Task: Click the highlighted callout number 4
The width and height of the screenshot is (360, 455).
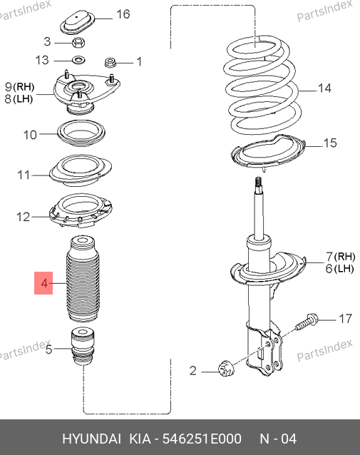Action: coord(43,283)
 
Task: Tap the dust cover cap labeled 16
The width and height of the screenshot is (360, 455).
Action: coord(78,22)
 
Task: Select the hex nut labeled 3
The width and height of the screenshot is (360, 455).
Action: coord(78,43)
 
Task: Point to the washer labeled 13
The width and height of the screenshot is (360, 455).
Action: coord(78,61)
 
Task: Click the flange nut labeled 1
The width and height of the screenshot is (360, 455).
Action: coord(110,62)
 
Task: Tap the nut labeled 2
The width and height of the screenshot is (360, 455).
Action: coord(226,368)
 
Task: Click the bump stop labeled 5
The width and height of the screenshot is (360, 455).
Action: coord(83,347)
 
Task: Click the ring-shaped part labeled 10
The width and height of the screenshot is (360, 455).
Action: coord(81,134)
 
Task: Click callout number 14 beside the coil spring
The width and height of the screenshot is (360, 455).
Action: coord(324,88)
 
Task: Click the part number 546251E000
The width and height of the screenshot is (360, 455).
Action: coord(202,439)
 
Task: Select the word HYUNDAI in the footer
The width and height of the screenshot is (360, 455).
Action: coord(91,439)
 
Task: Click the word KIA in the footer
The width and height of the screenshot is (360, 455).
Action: coord(140,439)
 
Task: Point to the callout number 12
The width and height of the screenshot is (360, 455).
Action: coord(24,217)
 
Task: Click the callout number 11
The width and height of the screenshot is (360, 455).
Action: coord(24,175)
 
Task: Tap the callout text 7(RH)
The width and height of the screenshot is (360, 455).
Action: coord(340,257)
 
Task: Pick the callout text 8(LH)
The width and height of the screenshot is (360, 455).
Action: coord(19,99)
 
